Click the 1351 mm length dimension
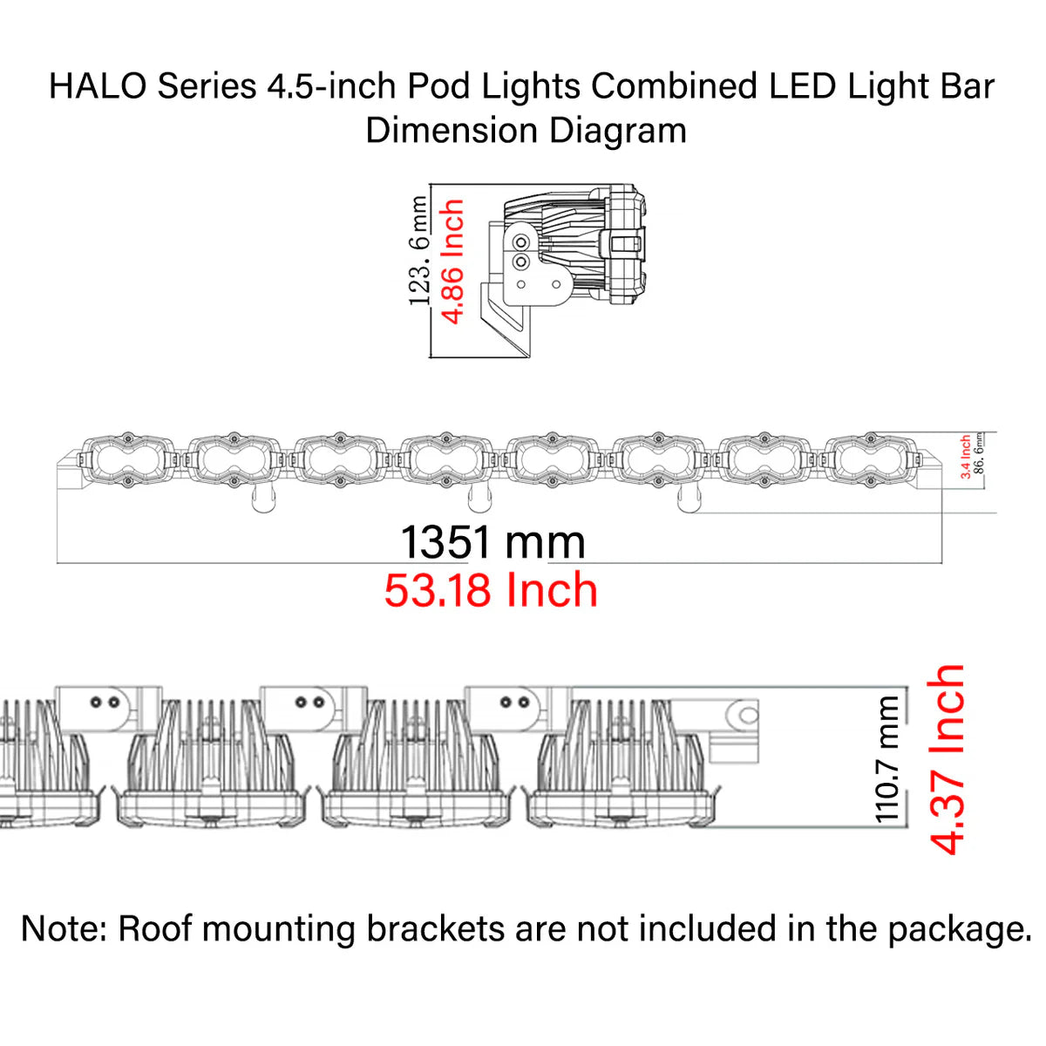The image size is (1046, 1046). point(492,542)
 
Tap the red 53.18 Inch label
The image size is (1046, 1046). point(491,591)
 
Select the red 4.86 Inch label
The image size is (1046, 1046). point(453,261)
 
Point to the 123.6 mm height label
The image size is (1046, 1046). point(419,251)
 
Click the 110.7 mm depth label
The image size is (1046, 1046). point(887,758)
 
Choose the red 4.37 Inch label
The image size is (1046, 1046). point(948,758)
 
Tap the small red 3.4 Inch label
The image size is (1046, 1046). point(966,457)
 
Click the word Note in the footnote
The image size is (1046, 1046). point(59,929)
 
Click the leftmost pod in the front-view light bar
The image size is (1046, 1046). point(127,458)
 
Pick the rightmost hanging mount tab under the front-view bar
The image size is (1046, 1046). point(688,499)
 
